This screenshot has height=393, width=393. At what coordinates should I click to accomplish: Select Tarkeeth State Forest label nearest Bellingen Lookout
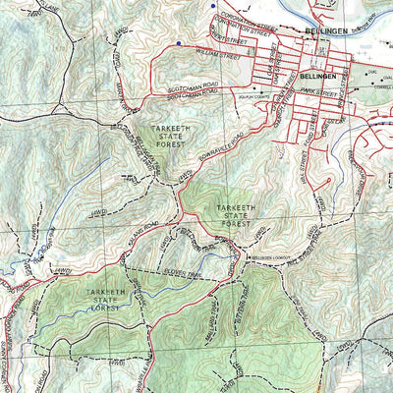[239, 214]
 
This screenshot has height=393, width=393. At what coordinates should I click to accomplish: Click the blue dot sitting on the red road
[178, 44]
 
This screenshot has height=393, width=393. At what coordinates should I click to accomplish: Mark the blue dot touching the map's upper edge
[213, 4]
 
